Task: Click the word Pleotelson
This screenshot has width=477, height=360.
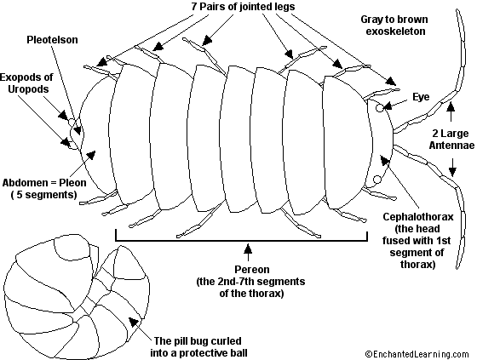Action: pyautogui.click(x=52, y=40)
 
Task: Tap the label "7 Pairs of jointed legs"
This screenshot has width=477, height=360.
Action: pyautogui.click(x=243, y=6)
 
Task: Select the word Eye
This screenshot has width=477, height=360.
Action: pyautogui.click(x=421, y=97)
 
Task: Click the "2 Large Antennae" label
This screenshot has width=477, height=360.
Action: pyautogui.click(x=451, y=140)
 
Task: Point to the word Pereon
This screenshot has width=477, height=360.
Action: pyautogui.click(x=252, y=270)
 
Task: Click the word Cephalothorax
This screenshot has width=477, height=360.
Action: pyautogui.click(x=418, y=217)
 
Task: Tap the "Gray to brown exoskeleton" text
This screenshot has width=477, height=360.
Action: pyautogui.click(x=395, y=26)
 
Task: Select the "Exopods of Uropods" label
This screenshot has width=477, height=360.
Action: pyautogui.click(x=26, y=83)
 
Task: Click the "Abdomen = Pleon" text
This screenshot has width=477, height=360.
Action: pyautogui.click(x=44, y=183)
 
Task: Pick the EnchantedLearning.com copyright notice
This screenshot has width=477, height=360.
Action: pyautogui.click(x=417, y=354)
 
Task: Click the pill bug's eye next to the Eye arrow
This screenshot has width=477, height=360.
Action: pyautogui.click(x=379, y=108)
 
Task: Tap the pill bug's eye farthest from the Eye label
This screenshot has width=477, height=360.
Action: pyautogui.click(x=376, y=180)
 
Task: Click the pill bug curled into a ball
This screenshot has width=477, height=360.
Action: pyautogui.click(x=77, y=295)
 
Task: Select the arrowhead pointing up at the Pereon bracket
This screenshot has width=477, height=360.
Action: pyautogui.click(x=248, y=249)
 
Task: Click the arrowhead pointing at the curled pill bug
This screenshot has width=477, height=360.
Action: pyautogui.click(x=133, y=322)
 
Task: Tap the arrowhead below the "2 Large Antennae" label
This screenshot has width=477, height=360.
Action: pyautogui.click(x=452, y=172)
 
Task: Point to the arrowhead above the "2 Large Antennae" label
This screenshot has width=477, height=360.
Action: pyautogui.click(x=451, y=106)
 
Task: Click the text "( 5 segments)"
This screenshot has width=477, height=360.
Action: pyautogui.click(x=43, y=195)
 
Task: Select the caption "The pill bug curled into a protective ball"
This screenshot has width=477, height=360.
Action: pyautogui.click(x=198, y=347)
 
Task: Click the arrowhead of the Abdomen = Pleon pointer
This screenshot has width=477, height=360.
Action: pyautogui.click(x=91, y=155)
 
